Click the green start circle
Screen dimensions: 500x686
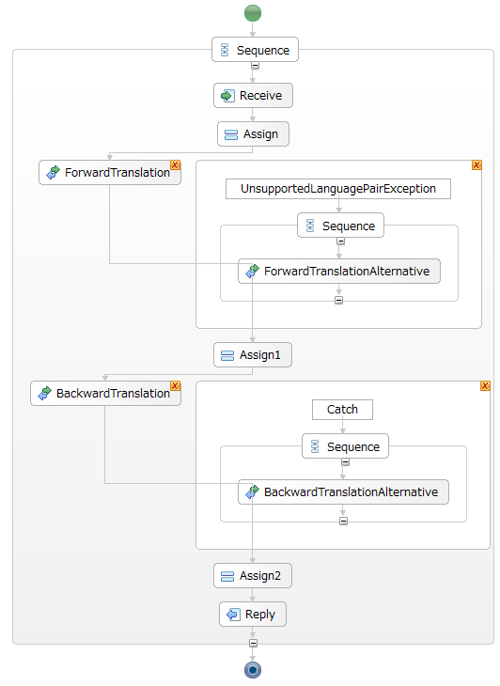tap(253, 13)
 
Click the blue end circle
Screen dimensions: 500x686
tap(253, 670)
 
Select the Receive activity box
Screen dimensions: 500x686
tap(253, 95)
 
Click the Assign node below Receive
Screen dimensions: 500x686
tap(253, 133)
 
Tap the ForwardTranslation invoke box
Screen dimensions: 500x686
tap(109, 172)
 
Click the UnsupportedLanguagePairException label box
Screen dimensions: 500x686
tap(338, 189)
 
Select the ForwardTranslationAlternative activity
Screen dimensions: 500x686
tap(339, 272)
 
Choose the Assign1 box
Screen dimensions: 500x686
tap(253, 355)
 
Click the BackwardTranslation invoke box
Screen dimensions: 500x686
tap(105, 394)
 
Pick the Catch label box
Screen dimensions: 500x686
tap(342, 410)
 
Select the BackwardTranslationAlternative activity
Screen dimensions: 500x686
tap(343, 492)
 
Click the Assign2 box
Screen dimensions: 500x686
tap(253, 576)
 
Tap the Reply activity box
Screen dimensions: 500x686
tap(253, 615)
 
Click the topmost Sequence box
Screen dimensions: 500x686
tap(255, 50)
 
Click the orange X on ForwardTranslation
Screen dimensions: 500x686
tap(176, 165)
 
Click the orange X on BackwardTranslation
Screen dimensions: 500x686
tap(176, 386)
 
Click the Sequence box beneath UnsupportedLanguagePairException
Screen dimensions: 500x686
tap(340, 226)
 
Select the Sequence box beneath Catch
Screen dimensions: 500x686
tap(345, 446)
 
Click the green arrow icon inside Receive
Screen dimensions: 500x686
tap(227, 95)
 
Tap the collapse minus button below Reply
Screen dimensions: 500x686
tap(253, 643)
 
